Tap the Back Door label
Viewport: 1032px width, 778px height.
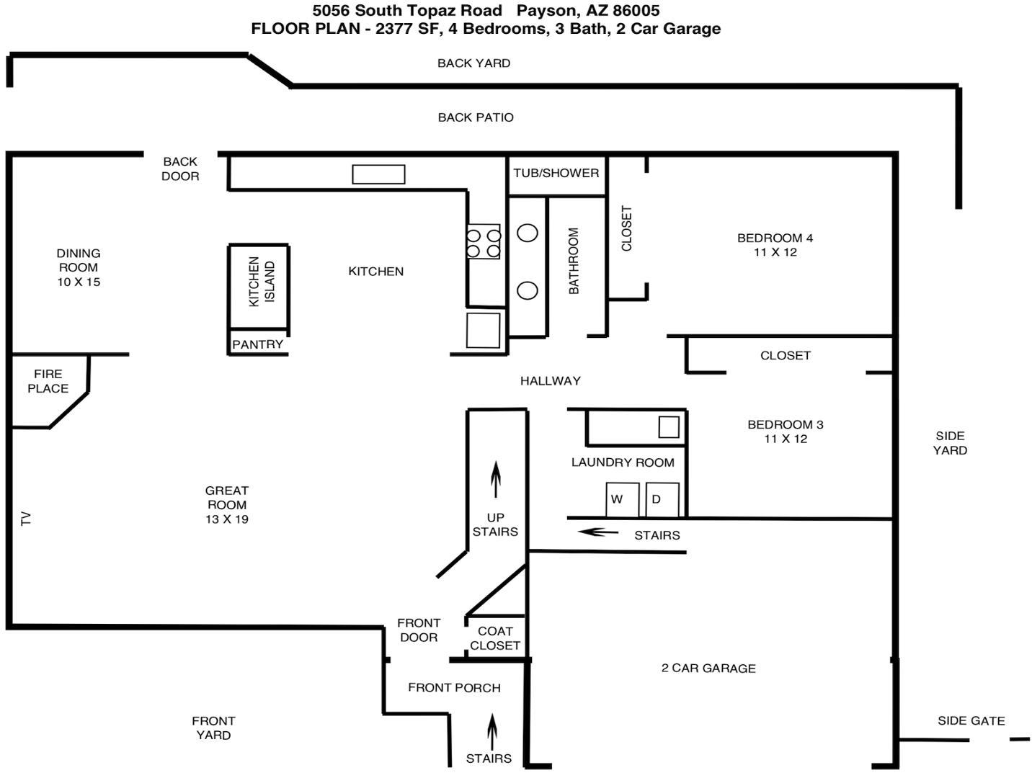coord(179,168)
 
